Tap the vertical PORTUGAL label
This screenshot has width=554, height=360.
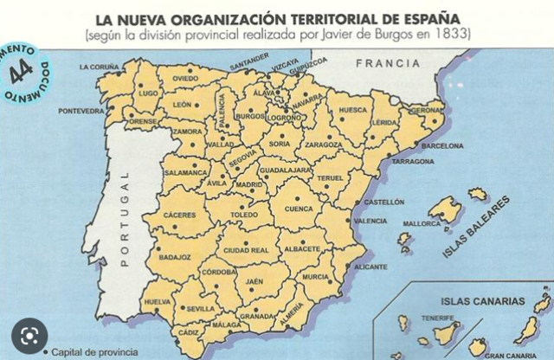point(124,217)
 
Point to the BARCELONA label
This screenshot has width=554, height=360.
point(442,147)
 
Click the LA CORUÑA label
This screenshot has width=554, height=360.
point(99,67)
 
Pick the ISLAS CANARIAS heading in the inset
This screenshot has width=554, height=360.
point(483,302)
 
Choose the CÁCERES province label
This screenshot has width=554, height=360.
point(179,215)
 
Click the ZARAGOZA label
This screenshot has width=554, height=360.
point(323,145)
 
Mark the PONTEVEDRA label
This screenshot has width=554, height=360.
point(81,112)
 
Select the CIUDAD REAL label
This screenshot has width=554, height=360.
point(246,250)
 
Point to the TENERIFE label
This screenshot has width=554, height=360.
point(438,318)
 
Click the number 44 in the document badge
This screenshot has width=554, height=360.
point(21,69)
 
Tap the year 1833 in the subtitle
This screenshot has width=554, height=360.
point(454,35)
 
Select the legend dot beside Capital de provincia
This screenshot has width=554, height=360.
point(43,351)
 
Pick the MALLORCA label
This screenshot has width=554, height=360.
point(422,223)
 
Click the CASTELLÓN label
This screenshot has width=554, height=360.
point(384,202)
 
